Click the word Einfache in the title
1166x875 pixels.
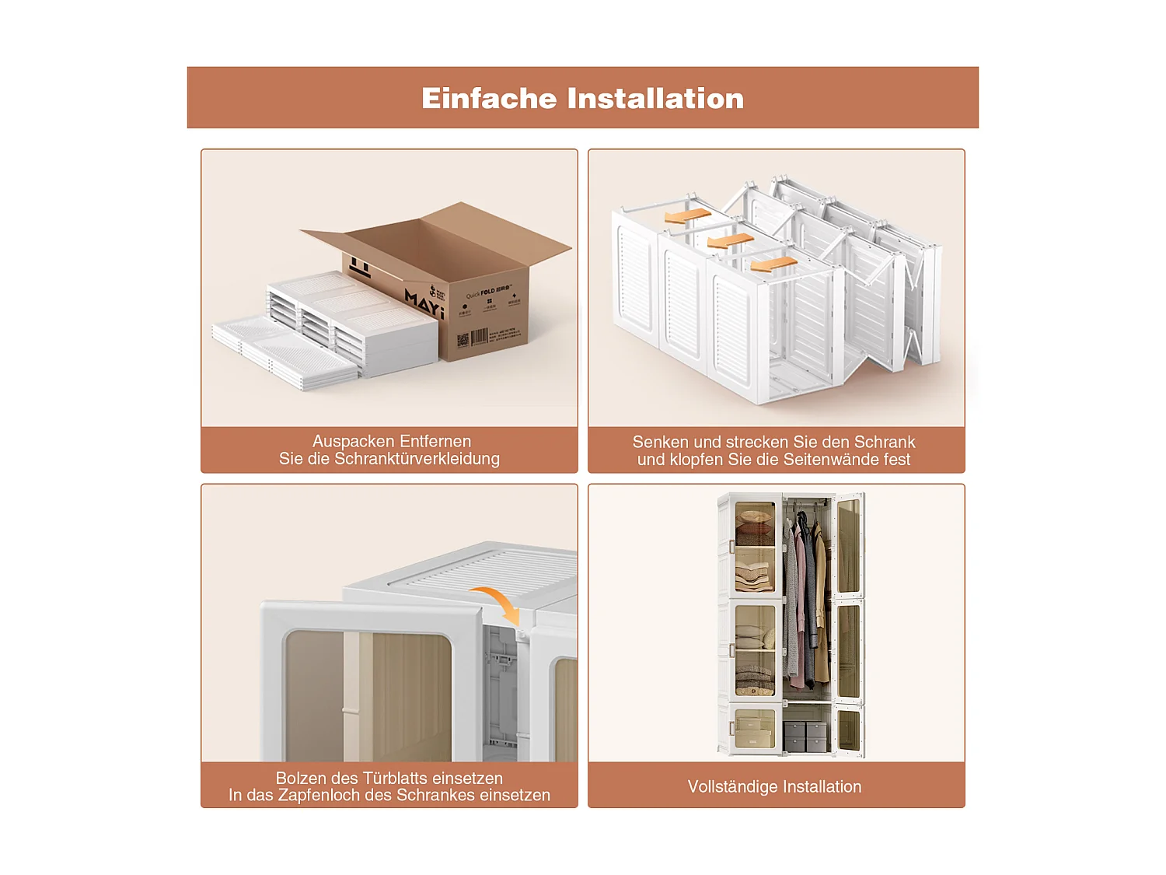pos(490,99)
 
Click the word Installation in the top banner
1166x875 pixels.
pos(655,99)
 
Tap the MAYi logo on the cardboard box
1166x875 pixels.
pos(424,304)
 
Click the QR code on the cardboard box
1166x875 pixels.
pos(463,340)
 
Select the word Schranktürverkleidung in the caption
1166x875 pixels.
pos(417,459)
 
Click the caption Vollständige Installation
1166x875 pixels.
pos(774,786)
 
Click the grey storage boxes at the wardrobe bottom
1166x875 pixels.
pos(805,736)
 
